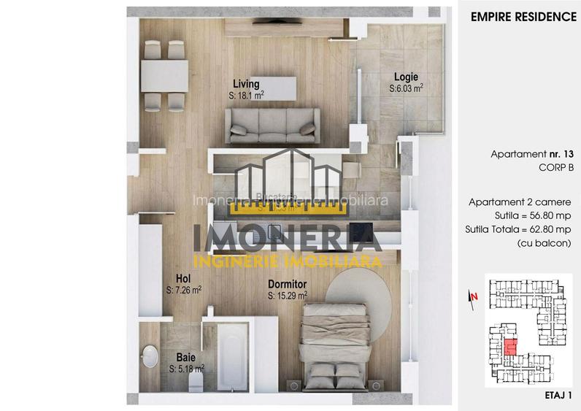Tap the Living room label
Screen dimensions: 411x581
[246, 84]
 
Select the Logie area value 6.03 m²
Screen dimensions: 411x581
[407, 88]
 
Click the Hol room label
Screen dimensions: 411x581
[183, 278]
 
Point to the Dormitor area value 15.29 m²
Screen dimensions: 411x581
[287, 296]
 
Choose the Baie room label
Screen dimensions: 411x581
[185, 358]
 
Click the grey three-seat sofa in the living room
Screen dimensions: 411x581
[272, 126]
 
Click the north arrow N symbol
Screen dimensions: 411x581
[474, 296]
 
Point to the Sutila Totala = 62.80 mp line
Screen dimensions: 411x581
[517, 228]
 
